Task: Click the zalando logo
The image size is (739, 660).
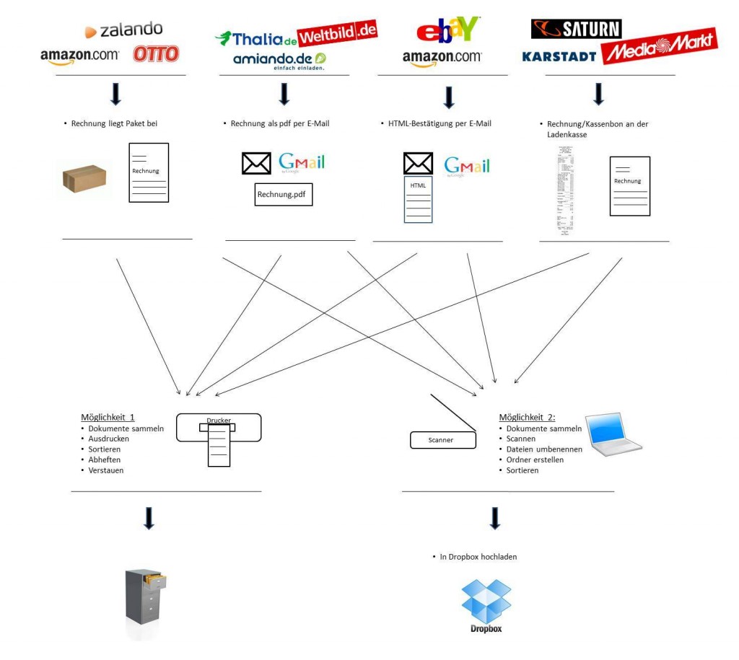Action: coord(123,30)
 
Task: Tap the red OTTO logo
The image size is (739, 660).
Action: coord(156,54)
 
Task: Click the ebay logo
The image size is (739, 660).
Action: coord(448,30)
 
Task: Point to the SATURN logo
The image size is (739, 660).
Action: coord(576,29)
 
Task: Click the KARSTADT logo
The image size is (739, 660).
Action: coord(559,56)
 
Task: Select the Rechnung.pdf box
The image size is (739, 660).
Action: coord(284,194)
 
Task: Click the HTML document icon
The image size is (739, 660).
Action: coord(419,199)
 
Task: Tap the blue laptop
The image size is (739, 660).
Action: coord(612,434)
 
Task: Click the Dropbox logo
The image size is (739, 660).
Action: coord(486,605)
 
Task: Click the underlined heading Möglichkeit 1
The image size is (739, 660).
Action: coord(108,417)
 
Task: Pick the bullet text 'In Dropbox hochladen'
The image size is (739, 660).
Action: coord(478,557)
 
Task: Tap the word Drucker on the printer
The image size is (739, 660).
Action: coord(219,421)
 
